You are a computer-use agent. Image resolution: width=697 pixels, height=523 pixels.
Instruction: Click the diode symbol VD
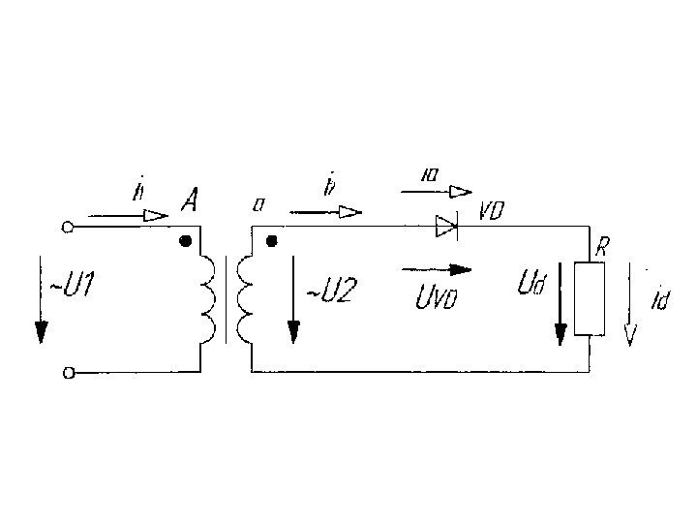pos(446,228)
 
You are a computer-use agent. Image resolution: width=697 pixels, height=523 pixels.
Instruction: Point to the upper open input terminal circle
pos(67,228)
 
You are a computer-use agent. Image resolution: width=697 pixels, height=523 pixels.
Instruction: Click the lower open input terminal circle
pos(67,371)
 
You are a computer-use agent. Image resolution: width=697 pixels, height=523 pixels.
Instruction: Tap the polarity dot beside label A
pos(185,239)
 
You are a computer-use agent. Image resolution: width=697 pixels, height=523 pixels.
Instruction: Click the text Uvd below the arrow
pos(436,298)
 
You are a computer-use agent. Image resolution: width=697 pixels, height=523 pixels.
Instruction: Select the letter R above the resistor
pos(601,248)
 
